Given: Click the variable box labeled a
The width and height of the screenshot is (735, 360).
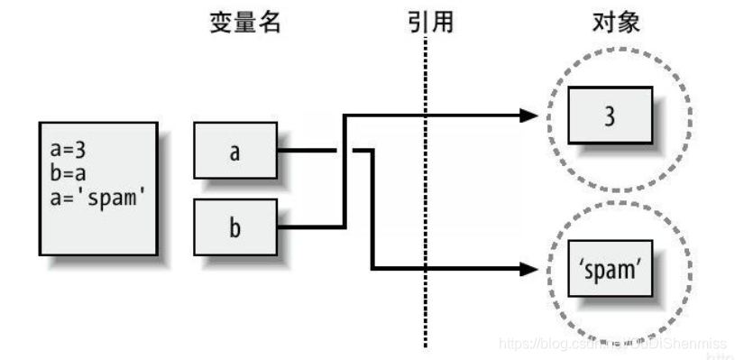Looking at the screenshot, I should pos(234,151).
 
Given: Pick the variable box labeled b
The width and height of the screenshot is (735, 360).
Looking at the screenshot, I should pos(234,226).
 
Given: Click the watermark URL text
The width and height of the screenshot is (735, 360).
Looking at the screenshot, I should pos(613,344).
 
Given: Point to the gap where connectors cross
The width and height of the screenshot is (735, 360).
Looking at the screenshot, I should pos(344,151).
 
